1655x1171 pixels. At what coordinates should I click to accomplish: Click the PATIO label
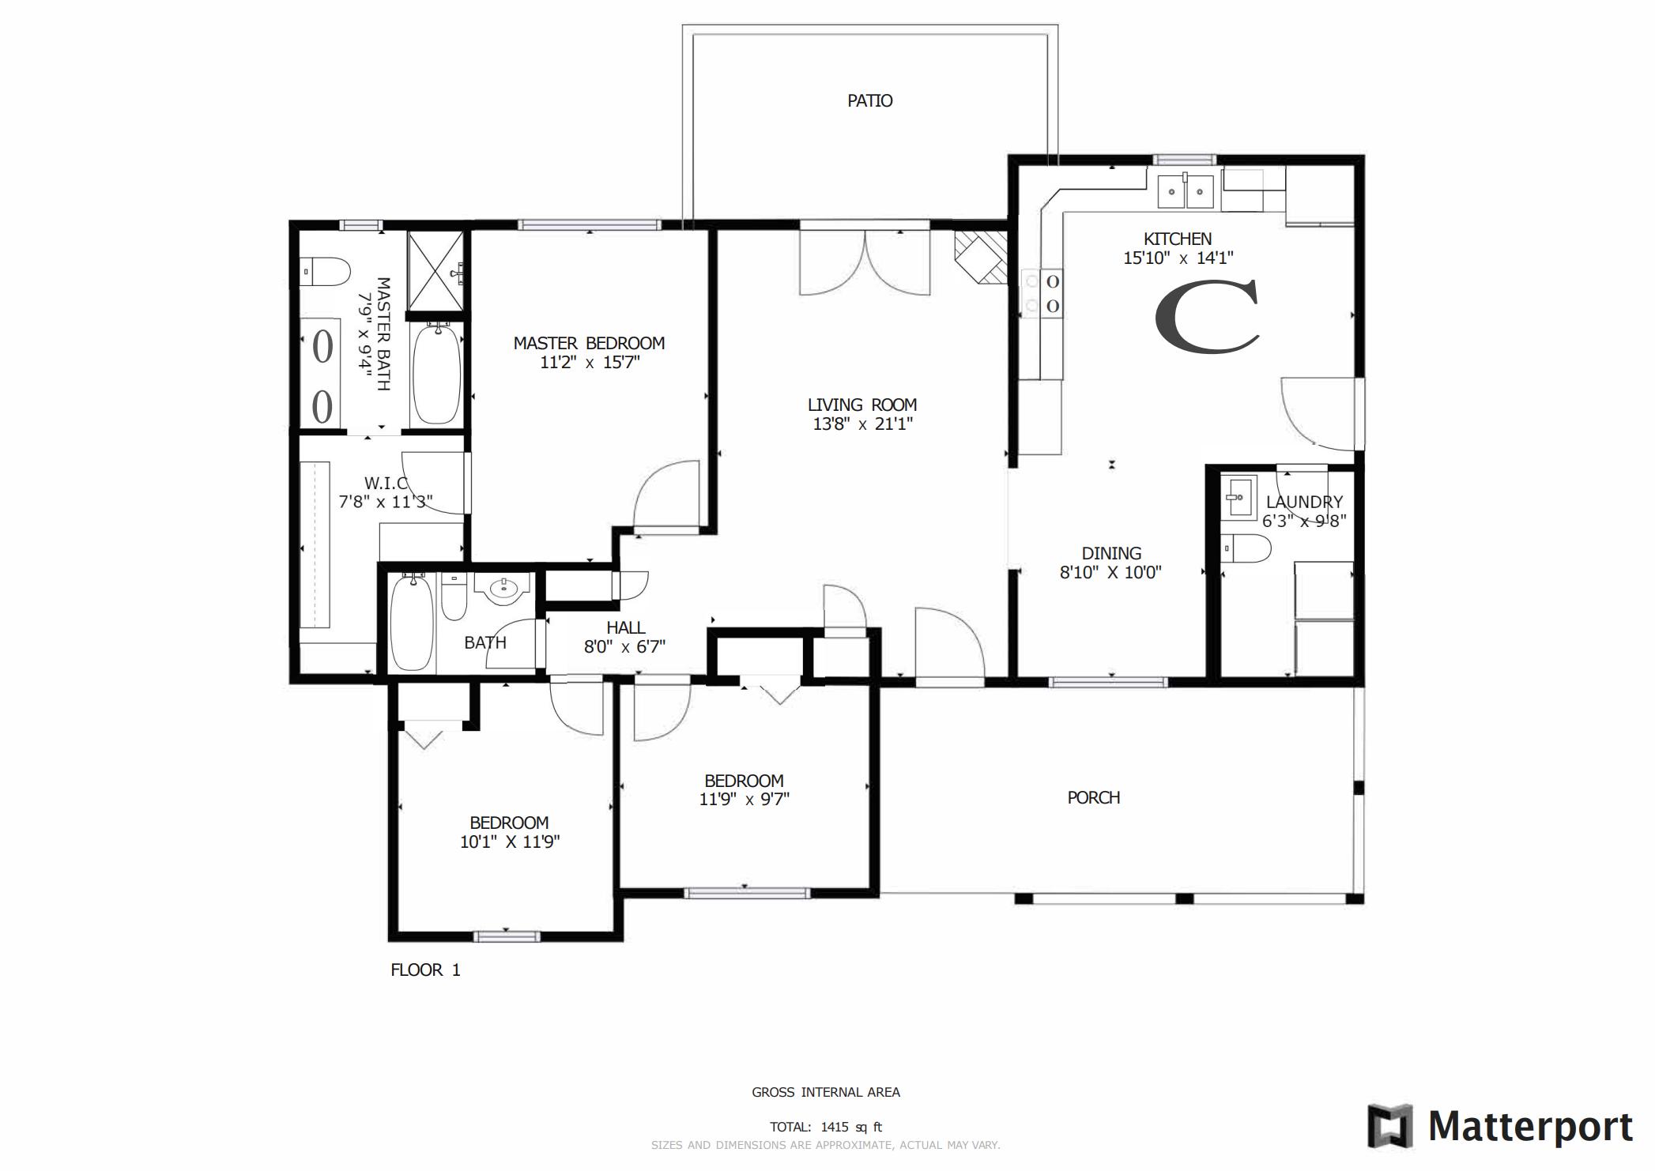869,101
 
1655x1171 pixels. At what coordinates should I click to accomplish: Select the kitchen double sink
1185,191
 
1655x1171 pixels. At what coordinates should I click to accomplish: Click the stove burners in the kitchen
1042,293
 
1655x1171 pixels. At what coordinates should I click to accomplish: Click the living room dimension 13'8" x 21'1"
862,424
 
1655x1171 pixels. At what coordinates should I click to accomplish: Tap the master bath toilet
325,271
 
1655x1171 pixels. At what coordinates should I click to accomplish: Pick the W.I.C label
386,483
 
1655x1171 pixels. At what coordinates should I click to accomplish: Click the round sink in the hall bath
503,589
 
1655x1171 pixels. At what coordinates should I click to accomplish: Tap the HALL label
625,628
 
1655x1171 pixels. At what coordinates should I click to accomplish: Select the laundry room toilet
1246,548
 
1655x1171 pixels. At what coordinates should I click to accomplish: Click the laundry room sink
1237,497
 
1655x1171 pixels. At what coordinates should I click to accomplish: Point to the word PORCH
1093,798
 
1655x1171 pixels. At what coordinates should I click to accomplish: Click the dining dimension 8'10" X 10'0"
1110,573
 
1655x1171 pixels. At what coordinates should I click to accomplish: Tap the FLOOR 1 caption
425,970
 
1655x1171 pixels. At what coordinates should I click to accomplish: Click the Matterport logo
1499,1127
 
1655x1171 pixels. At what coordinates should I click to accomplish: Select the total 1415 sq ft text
826,1128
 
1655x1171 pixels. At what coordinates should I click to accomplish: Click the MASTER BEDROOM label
589,344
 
